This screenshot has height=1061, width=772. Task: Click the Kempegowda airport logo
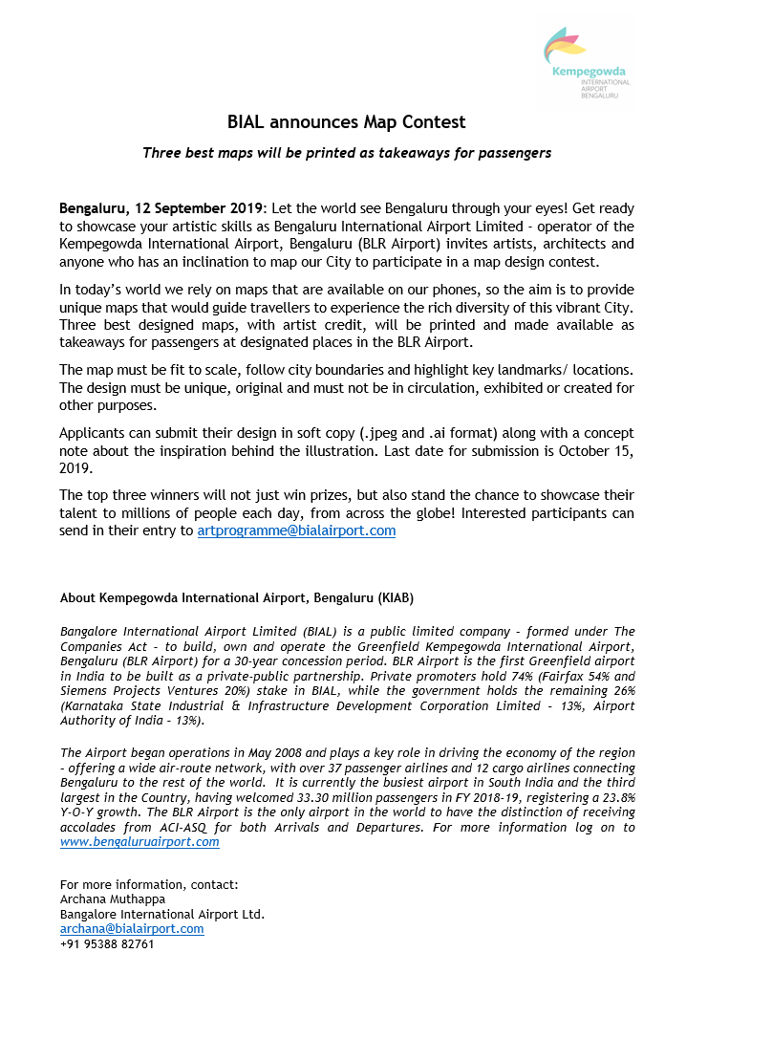coord(586,62)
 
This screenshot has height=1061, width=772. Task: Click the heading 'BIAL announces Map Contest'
coord(347,122)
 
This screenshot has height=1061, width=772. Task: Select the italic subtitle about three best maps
coord(347,153)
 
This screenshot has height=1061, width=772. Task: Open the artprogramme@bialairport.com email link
coord(296,530)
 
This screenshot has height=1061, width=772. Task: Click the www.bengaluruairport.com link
coord(139,842)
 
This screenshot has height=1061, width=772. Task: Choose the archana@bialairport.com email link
coord(132,928)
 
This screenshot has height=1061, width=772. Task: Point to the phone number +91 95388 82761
coord(107,943)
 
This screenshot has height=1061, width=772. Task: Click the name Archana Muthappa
coord(113,899)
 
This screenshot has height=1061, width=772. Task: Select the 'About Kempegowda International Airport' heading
coord(237,598)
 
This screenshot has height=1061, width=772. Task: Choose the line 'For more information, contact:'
coord(149,884)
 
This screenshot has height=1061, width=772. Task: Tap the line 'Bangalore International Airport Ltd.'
coord(161,914)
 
